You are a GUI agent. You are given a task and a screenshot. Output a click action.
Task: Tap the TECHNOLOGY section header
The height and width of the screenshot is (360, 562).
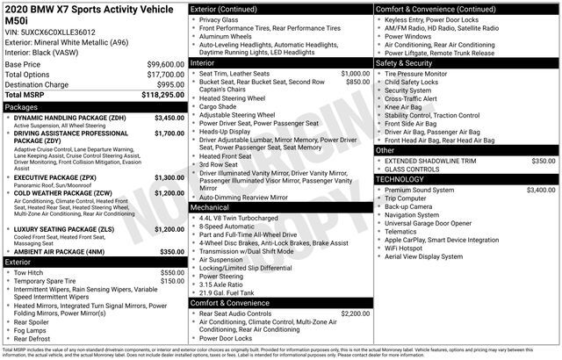tap(407, 179)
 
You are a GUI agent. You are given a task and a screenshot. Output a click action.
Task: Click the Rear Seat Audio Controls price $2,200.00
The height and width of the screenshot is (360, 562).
tap(355, 313)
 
